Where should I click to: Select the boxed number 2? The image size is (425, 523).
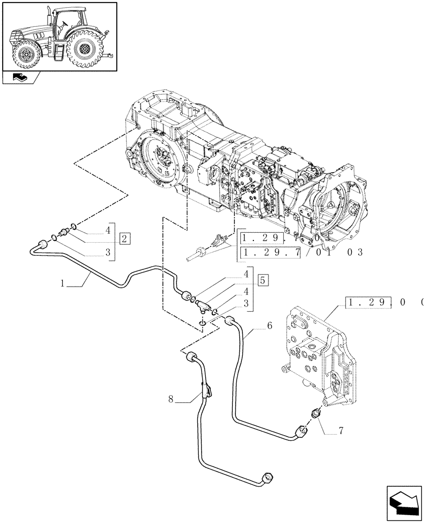pyautogui.click(x=124, y=240)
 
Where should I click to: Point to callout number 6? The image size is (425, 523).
pyautogui.click(x=269, y=325)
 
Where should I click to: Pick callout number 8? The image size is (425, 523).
pyautogui.click(x=171, y=400)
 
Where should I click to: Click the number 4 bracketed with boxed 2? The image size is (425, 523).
pyautogui.click(x=108, y=229)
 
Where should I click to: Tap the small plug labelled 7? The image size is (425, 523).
pyautogui.click(x=315, y=414)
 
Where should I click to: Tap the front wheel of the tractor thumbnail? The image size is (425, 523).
pyautogui.click(x=24, y=54)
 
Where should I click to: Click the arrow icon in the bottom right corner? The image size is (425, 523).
pyautogui.click(x=403, y=502)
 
